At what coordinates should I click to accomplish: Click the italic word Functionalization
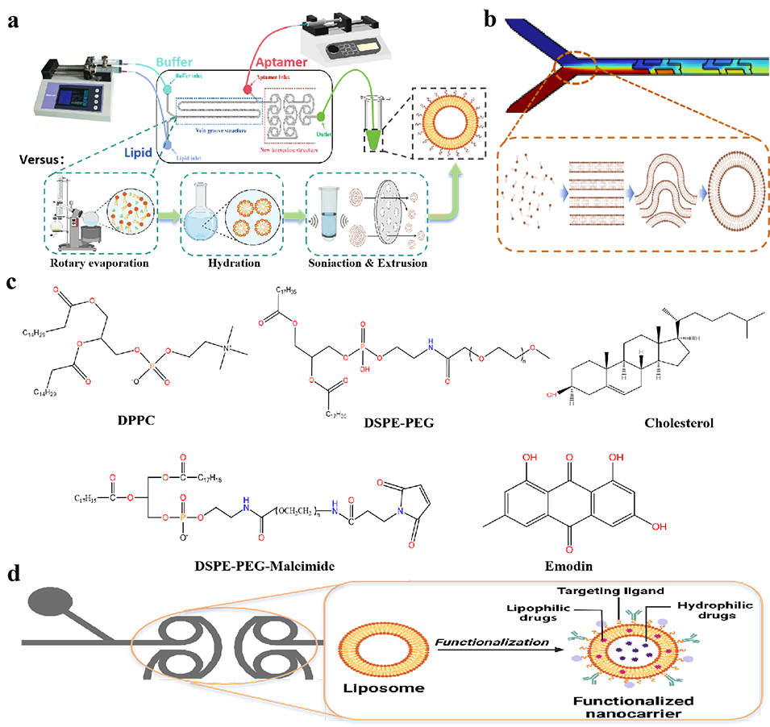point(493,642)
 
